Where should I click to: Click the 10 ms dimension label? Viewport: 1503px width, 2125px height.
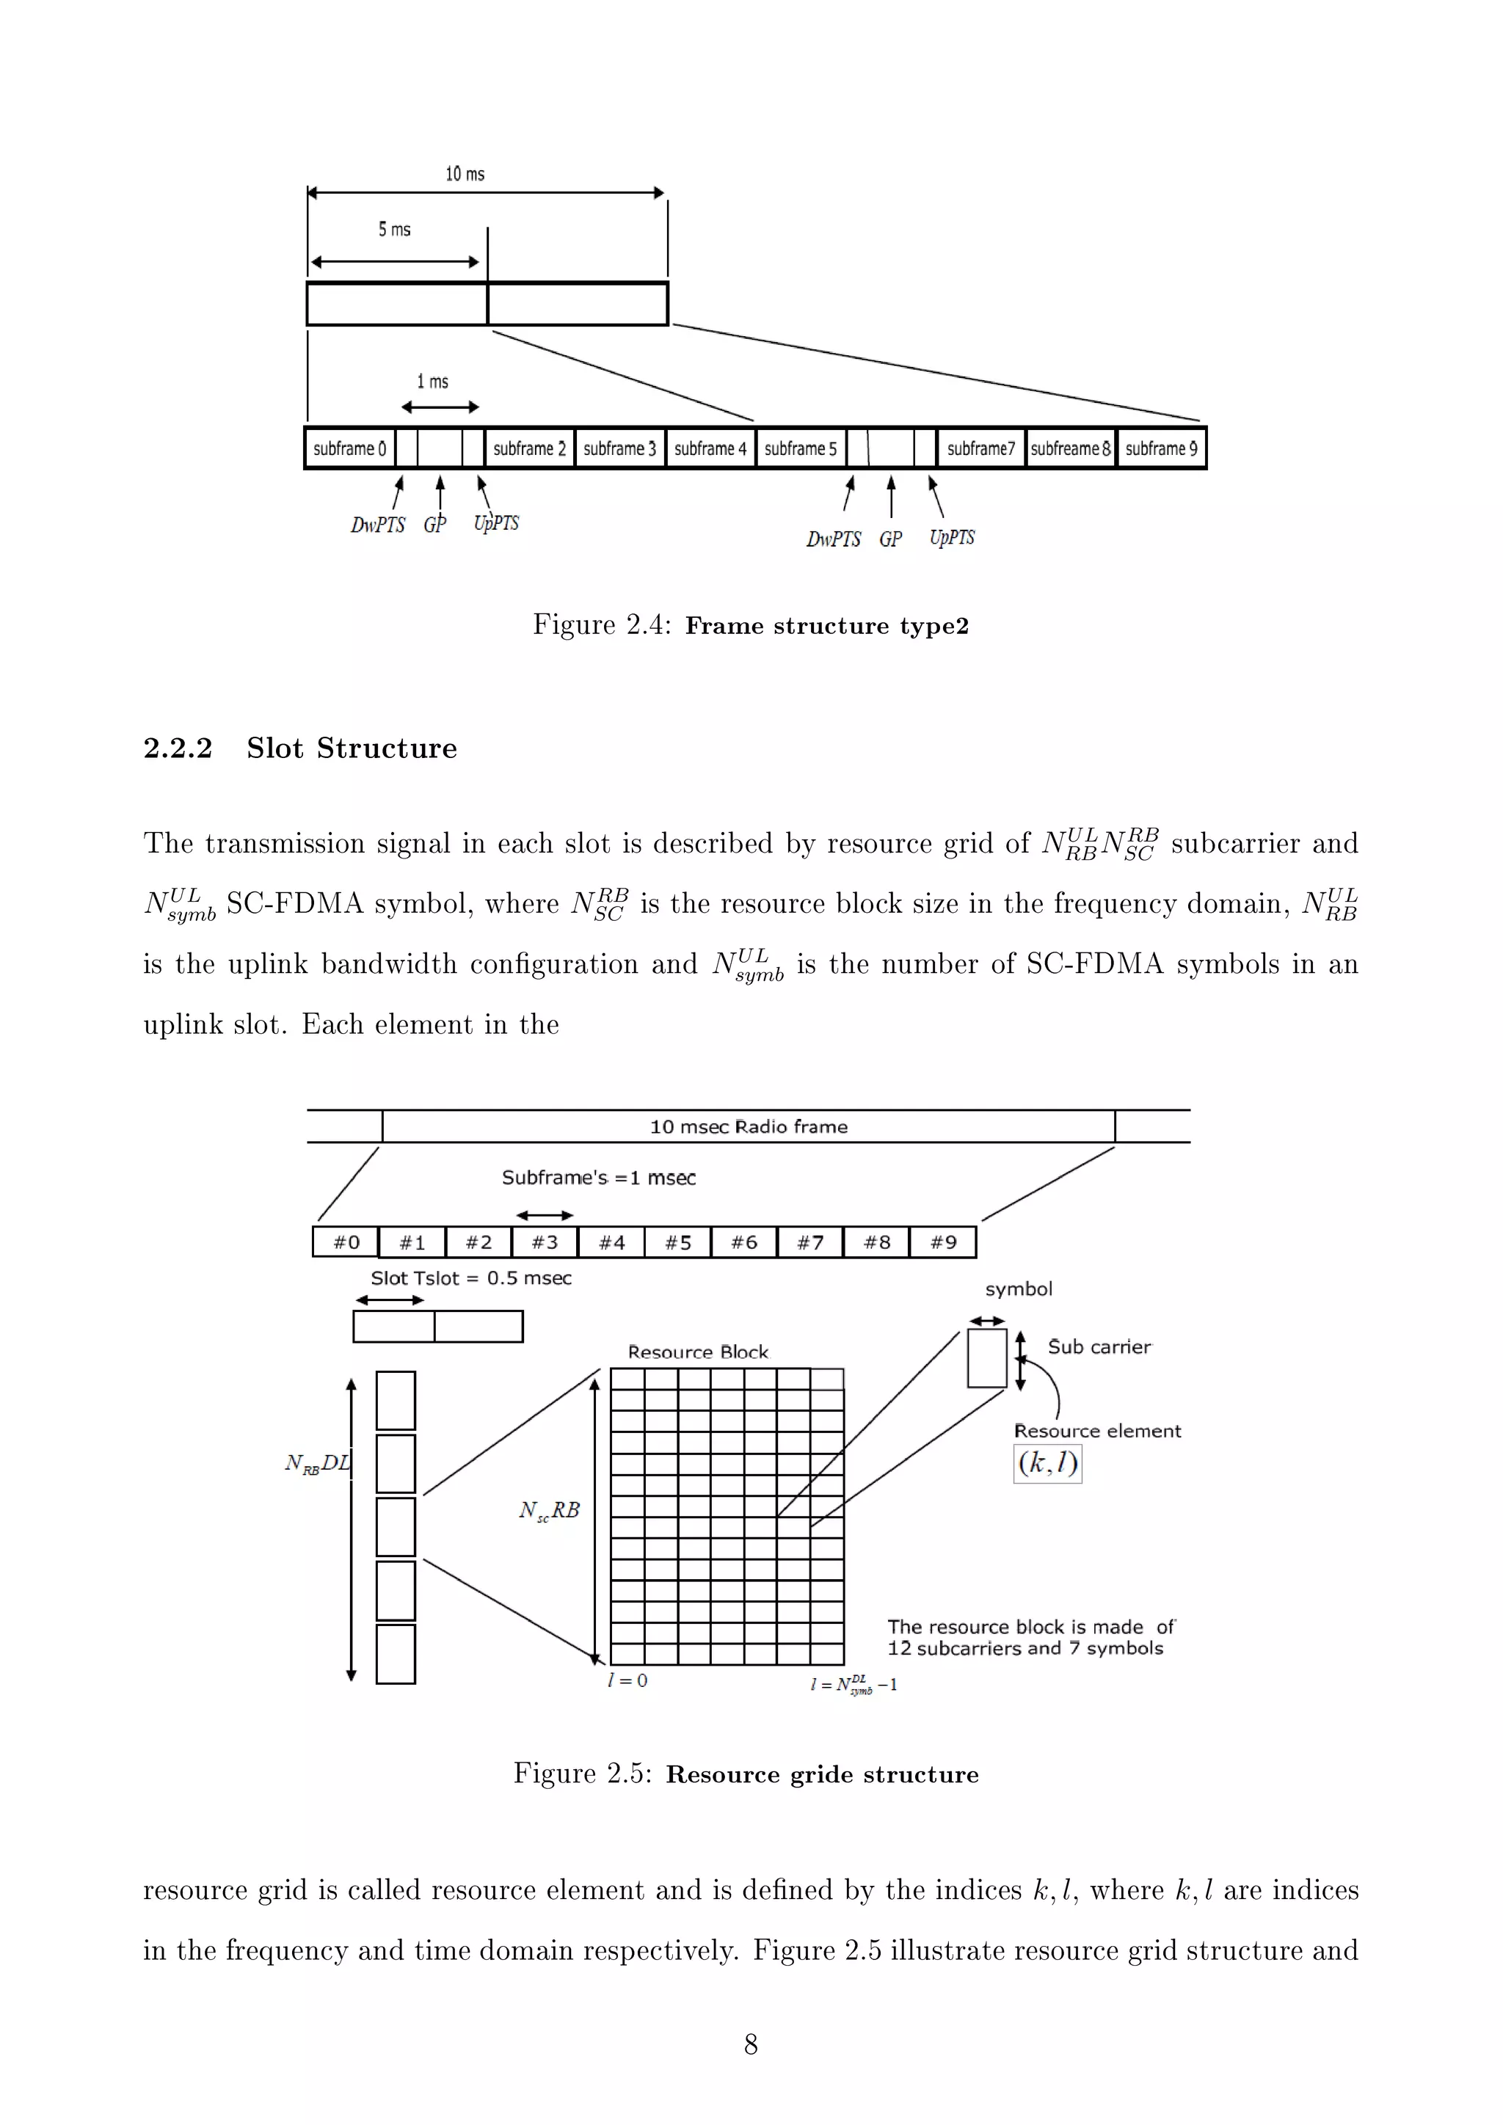point(465,174)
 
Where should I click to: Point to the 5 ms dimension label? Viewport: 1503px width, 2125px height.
point(394,230)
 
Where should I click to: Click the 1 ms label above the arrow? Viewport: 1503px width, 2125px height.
point(432,382)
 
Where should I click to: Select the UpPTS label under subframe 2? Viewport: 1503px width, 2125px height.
point(496,523)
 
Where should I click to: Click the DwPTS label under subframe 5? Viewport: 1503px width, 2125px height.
point(833,539)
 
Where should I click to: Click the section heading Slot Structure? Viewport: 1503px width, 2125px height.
point(352,748)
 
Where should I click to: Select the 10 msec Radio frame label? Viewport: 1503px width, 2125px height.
point(748,1126)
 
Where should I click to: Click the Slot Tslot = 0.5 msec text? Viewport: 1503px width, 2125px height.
point(471,1278)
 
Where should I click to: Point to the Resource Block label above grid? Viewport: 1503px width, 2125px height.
point(698,1352)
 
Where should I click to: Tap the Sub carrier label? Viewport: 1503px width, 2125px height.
point(1099,1346)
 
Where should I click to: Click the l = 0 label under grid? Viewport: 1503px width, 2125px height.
point(627,1680)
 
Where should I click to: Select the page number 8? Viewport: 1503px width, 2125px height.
point(751,2044)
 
